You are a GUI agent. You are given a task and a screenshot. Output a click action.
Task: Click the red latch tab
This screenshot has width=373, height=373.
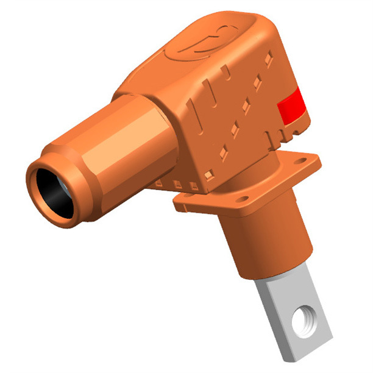tap(291, 104)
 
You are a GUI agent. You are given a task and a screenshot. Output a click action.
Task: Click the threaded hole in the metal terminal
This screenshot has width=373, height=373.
tap(303, 319)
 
